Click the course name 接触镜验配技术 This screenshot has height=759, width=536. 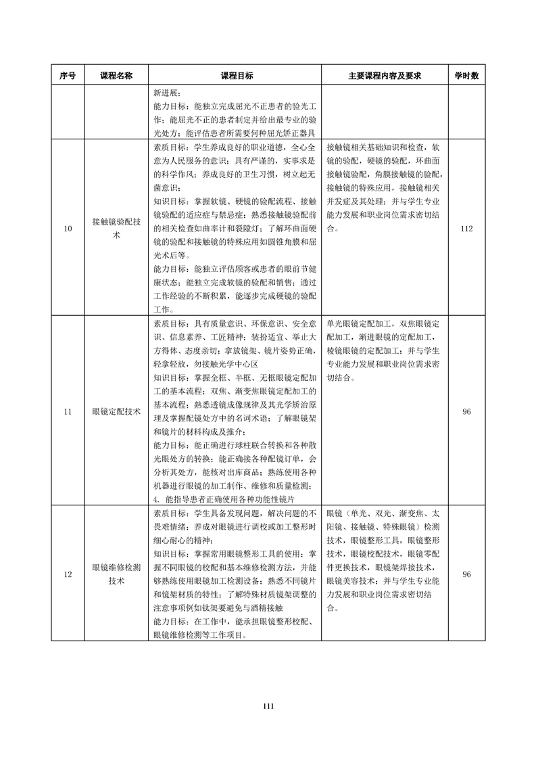coord(116,229)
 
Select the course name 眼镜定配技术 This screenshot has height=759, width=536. coord(116,411)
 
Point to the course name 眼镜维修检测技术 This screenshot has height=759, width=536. coord(116,574)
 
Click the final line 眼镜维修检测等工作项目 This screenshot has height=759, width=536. coord(200,635)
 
